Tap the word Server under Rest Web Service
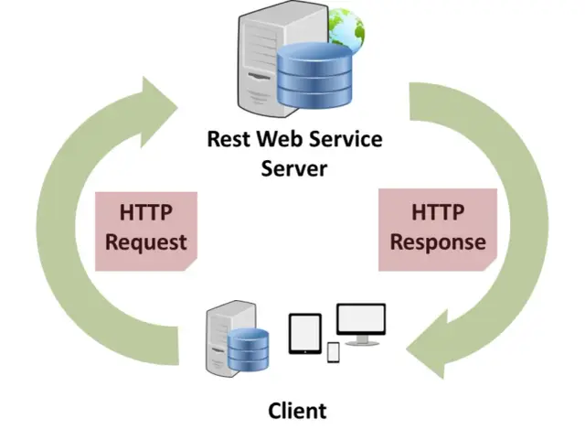pos(294,168)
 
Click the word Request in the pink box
pos(146,241)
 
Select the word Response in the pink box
pos(437,241)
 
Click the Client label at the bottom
pos(297,410)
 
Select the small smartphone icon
pos(333,352)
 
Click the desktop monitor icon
pos(361,320)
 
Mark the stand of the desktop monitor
pos(361,341)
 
